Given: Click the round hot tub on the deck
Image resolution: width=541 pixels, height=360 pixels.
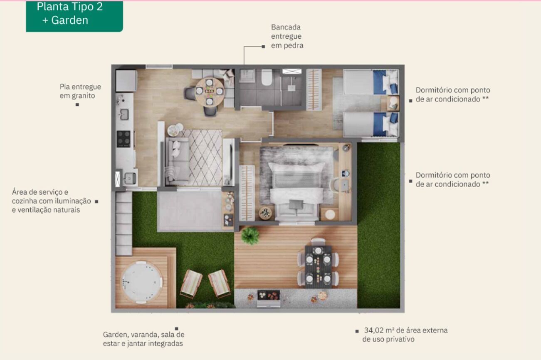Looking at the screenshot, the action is point(141,282).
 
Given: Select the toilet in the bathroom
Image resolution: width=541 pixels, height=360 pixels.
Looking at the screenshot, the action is point(267,77).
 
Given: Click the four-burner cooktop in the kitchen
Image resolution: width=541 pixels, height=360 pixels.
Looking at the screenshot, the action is point(124,139).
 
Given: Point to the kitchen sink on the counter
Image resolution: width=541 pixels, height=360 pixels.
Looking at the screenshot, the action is point(124,114).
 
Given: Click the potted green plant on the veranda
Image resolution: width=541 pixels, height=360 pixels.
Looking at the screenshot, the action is point(250,236).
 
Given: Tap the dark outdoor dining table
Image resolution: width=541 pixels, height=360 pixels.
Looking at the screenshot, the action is point(318,266).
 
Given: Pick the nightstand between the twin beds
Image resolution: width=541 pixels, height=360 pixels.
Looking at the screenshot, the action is point(393,103).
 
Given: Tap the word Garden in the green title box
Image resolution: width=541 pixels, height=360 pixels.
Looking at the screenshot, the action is point(69,20).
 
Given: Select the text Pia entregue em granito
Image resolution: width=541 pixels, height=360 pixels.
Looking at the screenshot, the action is point(80,91).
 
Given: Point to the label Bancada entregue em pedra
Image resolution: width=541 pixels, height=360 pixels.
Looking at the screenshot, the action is point(287,36).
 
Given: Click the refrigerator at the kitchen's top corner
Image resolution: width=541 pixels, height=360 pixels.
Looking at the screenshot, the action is point(126,81).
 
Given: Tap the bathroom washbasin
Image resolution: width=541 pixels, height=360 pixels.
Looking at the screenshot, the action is point(247,75).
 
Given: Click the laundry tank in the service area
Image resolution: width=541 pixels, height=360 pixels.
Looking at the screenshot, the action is point(130,179).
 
